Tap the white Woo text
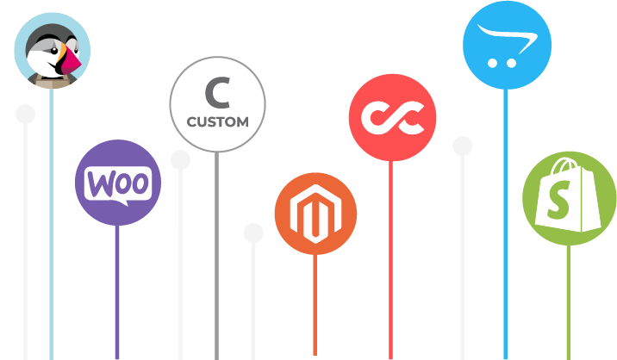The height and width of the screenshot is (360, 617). [x=120, y=183]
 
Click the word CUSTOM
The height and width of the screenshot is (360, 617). [x=217, y=121]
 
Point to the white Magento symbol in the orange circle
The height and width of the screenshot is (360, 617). [x=315, y=214]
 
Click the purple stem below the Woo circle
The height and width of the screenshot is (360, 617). [x=118, y=293]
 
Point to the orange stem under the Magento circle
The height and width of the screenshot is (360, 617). [x=315, y=301]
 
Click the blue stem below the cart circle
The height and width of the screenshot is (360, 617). [x=505, y=215]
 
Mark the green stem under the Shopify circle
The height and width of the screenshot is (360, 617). [x=568, y=301]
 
